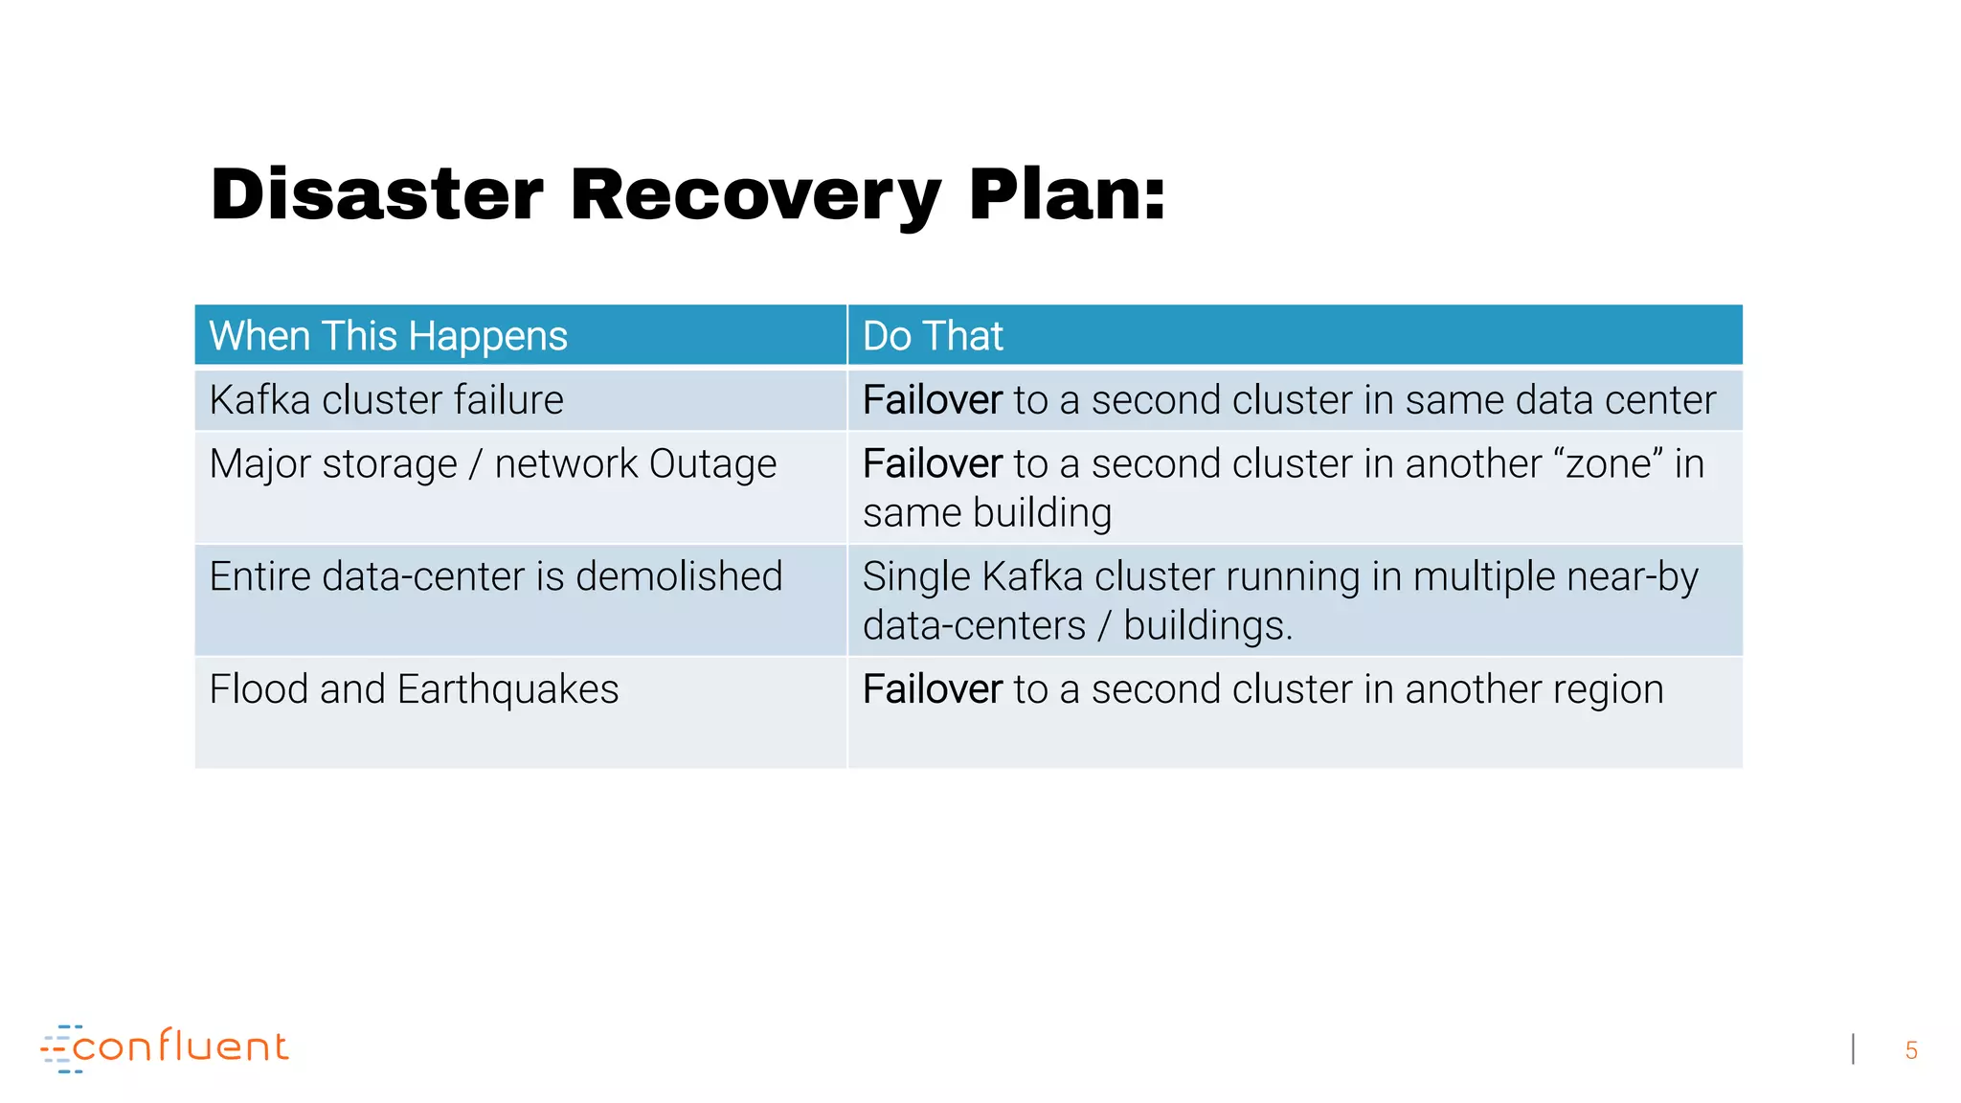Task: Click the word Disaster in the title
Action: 376,195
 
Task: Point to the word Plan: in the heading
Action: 1067,195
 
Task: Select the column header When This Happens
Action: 388,336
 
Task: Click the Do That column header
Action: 933,336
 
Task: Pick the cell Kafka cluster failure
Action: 386,400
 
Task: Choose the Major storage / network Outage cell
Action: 492,464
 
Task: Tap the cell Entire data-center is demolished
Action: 495,577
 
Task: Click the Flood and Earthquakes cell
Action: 414,689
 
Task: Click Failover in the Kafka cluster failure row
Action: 932,400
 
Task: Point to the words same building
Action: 986,513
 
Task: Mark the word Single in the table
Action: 916,577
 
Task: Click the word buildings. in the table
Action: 1207,626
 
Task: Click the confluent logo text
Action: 180,1047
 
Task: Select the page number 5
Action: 1910,1050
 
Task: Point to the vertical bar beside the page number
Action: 1853,1049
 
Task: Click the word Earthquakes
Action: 507,689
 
